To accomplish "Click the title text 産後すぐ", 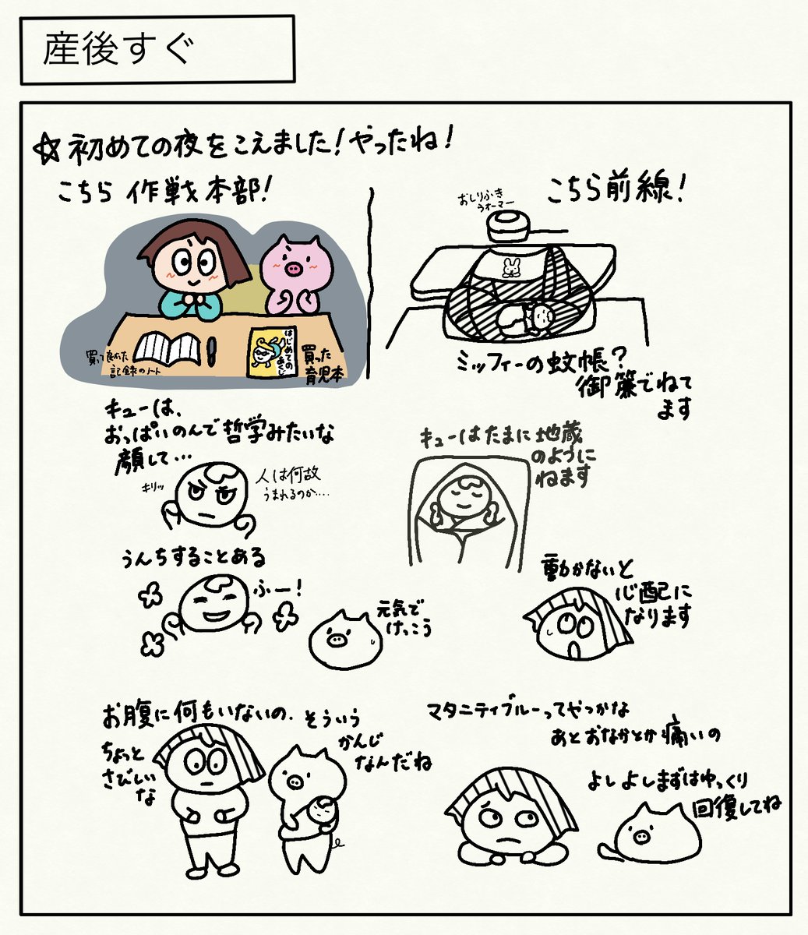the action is click(117, 50).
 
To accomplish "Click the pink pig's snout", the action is click(294, 270).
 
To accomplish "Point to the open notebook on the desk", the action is click(169, 348).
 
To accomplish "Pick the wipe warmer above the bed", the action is click(509, 226).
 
